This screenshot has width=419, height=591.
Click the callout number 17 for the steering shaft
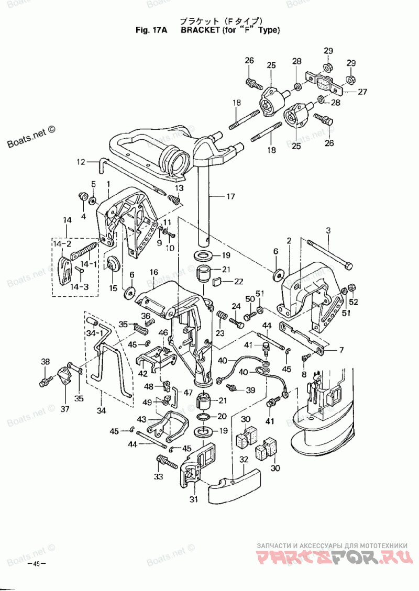pos(230,196)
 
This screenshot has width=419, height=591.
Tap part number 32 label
pos(244,460)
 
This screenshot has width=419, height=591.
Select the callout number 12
pos(81,162)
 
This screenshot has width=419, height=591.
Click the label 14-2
pos(62,244)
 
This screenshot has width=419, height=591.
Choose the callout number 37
pos(65,409)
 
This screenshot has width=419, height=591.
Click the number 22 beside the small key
pos(239,281)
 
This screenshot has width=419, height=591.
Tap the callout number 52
pos(354,302)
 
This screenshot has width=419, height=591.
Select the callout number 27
pos(362,92)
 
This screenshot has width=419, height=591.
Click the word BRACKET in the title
pos(200,30)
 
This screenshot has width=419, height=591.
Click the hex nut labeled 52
pos(351,287)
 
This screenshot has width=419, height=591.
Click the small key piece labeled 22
pos(217,282)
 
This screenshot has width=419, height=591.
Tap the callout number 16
pos(154,273)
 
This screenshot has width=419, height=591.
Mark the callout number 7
pos(341,350)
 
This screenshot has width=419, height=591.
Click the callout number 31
pos(193,499)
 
